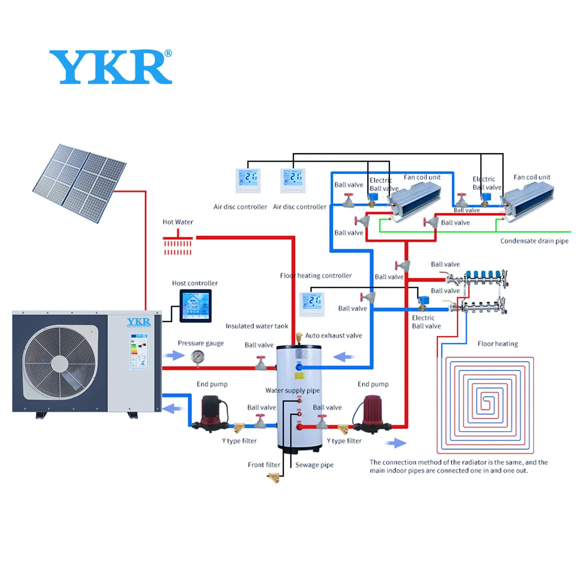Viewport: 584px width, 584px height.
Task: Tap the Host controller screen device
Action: (x=195, y=306)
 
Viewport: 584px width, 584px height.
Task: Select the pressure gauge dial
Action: (x=197, y=357)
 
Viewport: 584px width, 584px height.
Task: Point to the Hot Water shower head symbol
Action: (x=178, y=244)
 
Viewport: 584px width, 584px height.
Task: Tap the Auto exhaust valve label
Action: (x=333, y=336)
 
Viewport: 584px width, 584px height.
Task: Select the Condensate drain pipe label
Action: (x=534, y=241)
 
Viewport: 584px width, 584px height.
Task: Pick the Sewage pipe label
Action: (x=314, y=465)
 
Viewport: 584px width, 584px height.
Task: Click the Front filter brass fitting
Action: (x=274, y=478)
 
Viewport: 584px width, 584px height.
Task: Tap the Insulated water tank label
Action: (x=257, y=326)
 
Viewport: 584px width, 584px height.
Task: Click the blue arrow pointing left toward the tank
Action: (x=344, y=357)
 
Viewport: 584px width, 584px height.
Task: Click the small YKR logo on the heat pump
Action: (x=138, y=322)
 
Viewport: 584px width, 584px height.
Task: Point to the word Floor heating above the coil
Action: (x=497, y=344)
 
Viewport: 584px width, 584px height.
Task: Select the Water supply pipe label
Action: (x=292, y=391)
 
